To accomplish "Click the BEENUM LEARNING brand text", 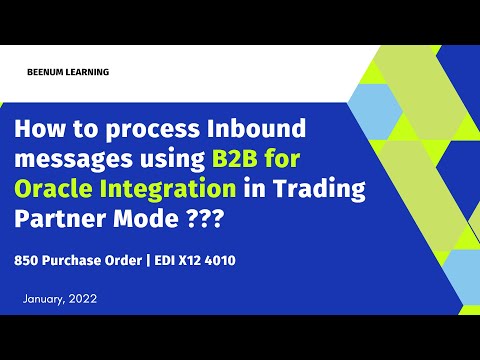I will (x=69, y=72).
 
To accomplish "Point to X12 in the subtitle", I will (x=188, y=259).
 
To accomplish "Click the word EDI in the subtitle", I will (x=162, y=259).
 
